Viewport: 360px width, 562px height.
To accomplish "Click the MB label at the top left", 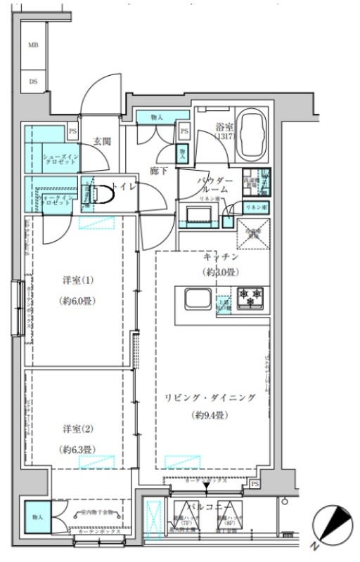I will tap(32, 44).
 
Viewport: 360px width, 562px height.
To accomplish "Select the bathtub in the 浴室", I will tap(252, 136).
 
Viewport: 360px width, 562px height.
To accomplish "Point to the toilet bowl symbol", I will tap(101, 194).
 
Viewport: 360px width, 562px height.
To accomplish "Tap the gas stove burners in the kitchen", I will tap(251, 298).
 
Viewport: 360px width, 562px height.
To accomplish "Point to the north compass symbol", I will tap(333, 525).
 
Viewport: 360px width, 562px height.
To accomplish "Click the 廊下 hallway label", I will tap(159, 171).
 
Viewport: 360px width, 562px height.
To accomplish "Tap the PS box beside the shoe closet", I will tap(72, 131).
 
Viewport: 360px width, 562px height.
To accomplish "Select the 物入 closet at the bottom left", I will tap(37, 518).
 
